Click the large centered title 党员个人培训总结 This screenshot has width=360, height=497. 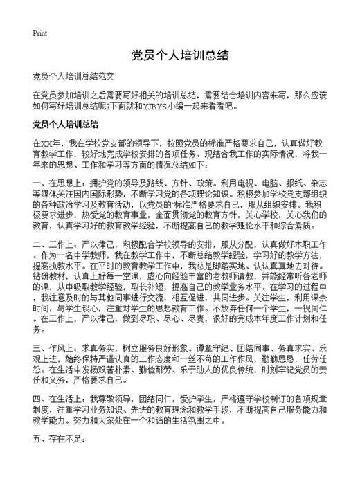point(179,55)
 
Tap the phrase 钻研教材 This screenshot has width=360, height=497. point(48,286)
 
